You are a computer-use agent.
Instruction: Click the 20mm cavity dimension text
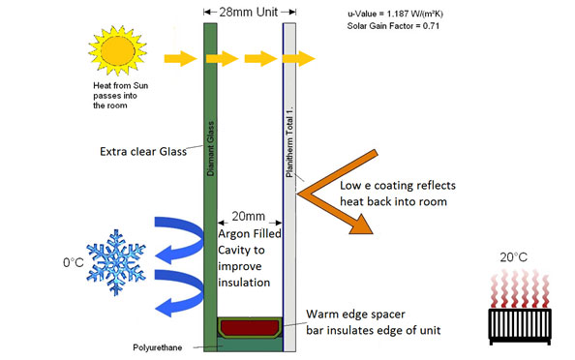[x=249, y=220]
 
